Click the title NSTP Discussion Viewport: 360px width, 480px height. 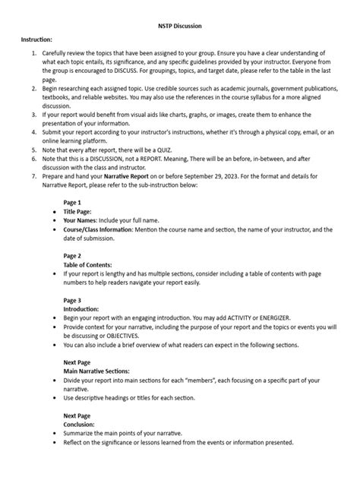180,24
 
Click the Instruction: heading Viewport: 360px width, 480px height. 37,38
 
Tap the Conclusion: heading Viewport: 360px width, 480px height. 84,425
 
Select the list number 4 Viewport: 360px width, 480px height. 33,134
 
